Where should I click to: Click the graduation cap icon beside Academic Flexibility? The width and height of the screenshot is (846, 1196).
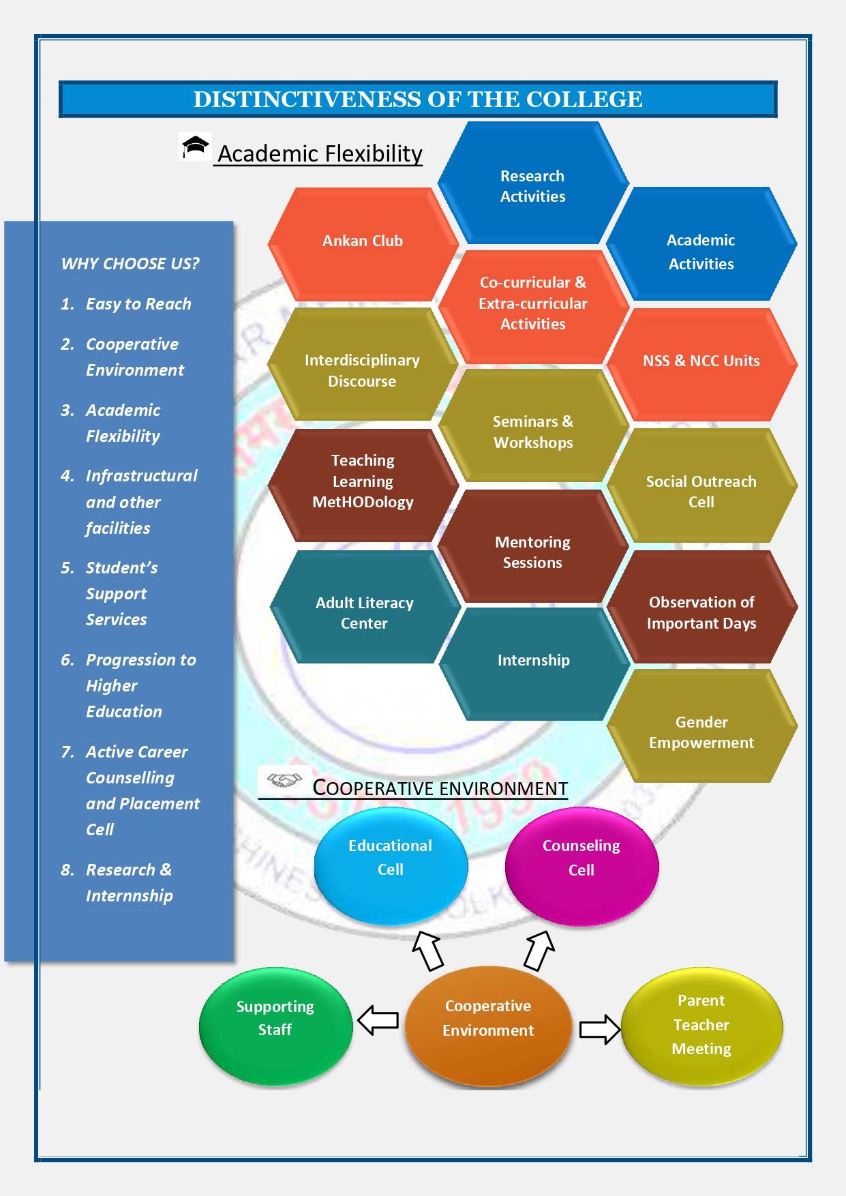point(196,147)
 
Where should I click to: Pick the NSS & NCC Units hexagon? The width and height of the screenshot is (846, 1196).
point(701,362)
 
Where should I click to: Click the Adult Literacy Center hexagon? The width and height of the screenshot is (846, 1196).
point(364,612)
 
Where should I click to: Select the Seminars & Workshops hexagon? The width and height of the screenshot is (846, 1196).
point(533,431)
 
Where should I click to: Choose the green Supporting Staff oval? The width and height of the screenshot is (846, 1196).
point(275,1023)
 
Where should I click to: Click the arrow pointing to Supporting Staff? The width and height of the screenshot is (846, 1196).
point(378,1021)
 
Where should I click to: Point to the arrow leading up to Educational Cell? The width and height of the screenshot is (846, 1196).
point(428,951)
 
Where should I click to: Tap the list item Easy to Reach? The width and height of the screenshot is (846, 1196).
point(138,304)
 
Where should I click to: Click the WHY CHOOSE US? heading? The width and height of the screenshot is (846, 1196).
point(130,264)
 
